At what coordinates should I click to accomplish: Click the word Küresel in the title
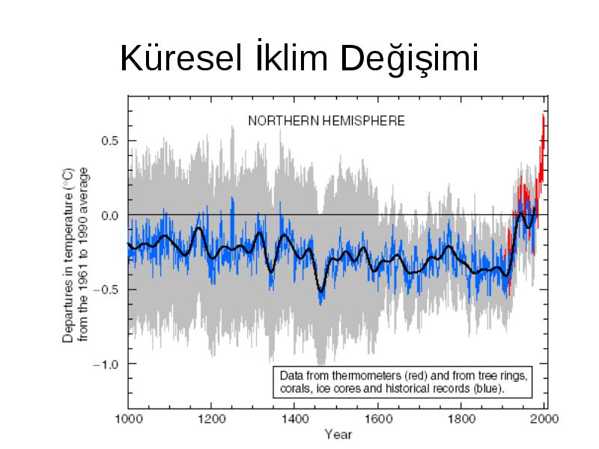[181, 58]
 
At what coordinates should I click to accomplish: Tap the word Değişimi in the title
[409, 58]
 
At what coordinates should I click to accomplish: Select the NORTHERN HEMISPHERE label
[326, 121]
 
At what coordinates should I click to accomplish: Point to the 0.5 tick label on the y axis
[109, 141]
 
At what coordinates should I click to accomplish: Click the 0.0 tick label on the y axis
[109, 216]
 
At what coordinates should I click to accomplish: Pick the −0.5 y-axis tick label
[106, 290]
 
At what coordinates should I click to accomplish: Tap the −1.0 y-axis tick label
[106, 364]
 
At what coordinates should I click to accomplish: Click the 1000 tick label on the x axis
[129, 419]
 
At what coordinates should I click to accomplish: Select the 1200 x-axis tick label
[212, 419]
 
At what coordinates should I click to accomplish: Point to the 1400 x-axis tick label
[294, 419]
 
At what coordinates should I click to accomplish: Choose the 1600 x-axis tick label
[378, 419]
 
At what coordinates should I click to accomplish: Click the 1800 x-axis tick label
[461, 419]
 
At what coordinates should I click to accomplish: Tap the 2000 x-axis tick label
[545, 419]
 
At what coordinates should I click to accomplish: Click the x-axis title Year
[338, 435]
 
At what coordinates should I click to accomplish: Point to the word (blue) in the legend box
[489, 388]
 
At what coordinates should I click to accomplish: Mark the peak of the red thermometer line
[543, 114]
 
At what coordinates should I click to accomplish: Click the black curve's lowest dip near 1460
[321, 292]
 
